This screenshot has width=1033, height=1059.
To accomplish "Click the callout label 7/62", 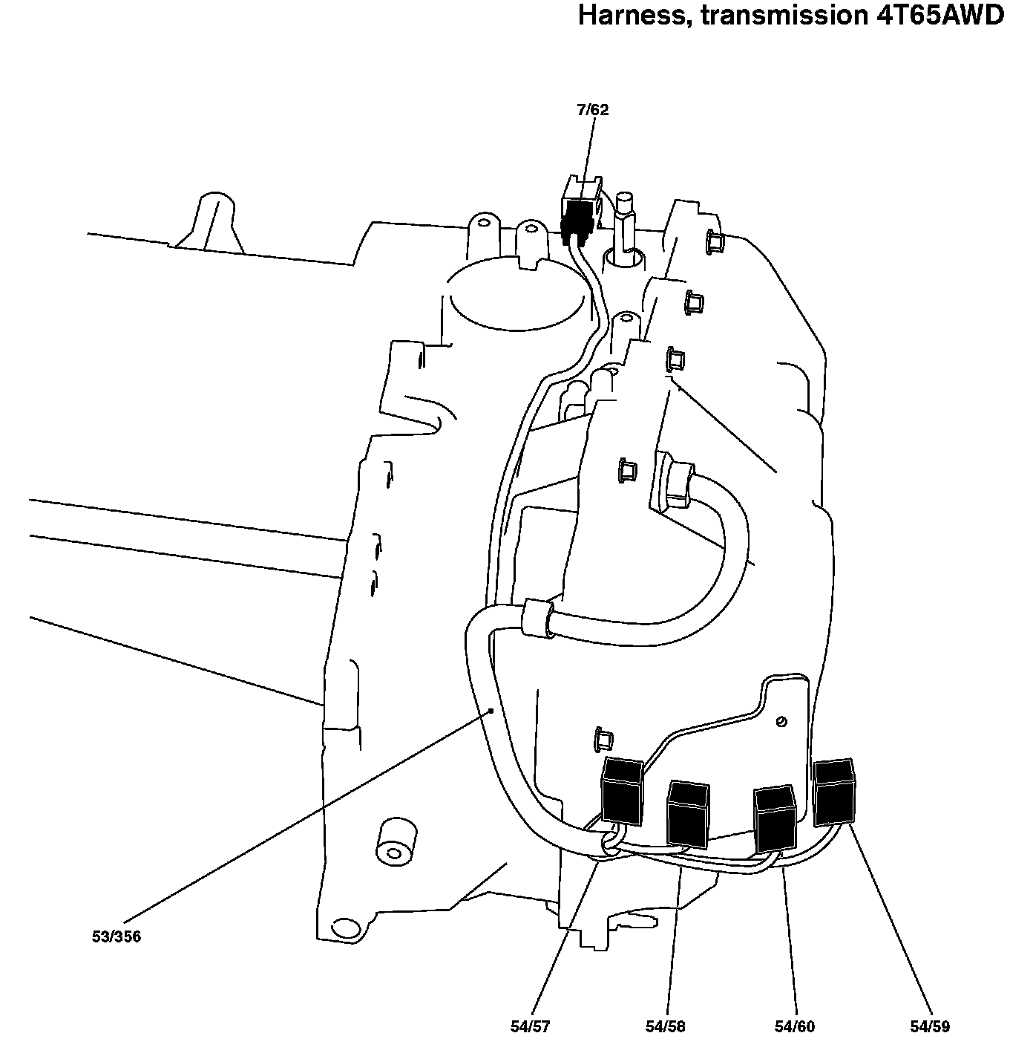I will (592, 111).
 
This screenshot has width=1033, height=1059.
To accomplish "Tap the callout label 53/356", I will (116, 937).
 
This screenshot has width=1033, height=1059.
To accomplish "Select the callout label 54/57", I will (530, 1027).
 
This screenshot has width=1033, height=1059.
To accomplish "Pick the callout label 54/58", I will (665, 1027).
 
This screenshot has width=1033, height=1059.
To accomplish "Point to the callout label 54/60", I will (794, 1027).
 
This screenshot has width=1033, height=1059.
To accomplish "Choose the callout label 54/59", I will (929, 1027).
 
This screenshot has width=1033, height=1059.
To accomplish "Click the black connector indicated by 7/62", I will (578, 216).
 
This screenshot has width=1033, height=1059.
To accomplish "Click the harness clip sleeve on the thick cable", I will (539, 617).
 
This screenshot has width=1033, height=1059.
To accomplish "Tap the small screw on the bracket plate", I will (781, 721).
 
